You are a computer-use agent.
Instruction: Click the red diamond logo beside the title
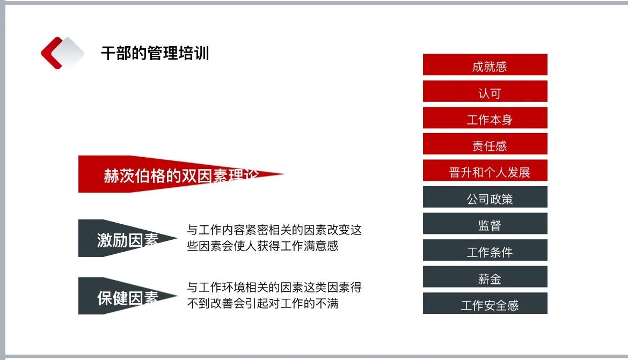pos(62,53)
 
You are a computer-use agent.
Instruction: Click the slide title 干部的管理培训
pos(155,54)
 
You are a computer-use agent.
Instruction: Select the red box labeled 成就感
pos(485,65)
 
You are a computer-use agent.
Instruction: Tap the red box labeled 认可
pos(485,92)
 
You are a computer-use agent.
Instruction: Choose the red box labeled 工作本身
pos(485,118)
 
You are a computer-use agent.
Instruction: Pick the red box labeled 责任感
pos(485,144)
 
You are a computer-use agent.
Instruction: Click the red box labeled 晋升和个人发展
pos(485,171)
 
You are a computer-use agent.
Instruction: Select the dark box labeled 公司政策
pos(485,197)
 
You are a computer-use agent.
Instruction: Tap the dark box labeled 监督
pos(485,224)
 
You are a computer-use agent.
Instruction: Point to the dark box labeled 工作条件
pos(485,251)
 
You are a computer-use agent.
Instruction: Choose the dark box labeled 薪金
pos(485,277)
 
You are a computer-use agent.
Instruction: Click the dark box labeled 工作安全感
pos(485,304)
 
